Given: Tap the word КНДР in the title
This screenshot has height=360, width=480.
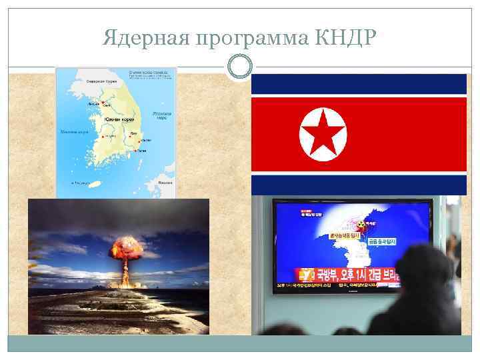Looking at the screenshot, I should tap(343, 39).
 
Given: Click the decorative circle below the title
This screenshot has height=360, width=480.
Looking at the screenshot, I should tap(240, 67).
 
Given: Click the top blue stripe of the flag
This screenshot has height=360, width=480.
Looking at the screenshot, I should tap(359, 84).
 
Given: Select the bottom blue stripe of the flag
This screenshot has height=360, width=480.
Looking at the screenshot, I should tap(359, 185).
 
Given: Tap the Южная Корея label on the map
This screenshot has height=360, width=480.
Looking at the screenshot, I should tap(119, 119).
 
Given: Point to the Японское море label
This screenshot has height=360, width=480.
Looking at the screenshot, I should tap(162, 115).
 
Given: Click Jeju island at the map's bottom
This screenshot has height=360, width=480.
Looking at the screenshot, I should tap(94, 183).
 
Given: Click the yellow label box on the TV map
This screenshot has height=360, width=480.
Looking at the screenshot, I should tap(341, 235).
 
